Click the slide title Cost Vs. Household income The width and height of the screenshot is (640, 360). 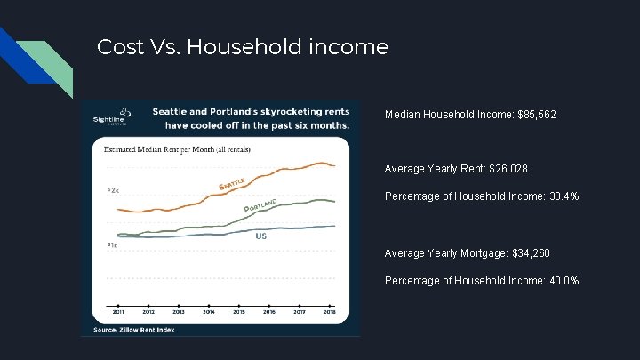[242, 46]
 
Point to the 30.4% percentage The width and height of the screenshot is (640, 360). [561, 195]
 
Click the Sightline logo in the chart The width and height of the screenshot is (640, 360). [115, 117]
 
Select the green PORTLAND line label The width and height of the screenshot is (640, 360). [261, 205]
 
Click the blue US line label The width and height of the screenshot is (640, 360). [261, 236]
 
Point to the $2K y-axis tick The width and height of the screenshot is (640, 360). [113, 190]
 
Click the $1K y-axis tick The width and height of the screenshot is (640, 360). [113, 244]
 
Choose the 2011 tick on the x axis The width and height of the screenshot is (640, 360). [118, 313]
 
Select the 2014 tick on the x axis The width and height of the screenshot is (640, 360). [209, 313]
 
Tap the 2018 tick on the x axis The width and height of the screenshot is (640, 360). [330, 313]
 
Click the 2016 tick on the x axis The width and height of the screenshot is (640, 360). [269, 313]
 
